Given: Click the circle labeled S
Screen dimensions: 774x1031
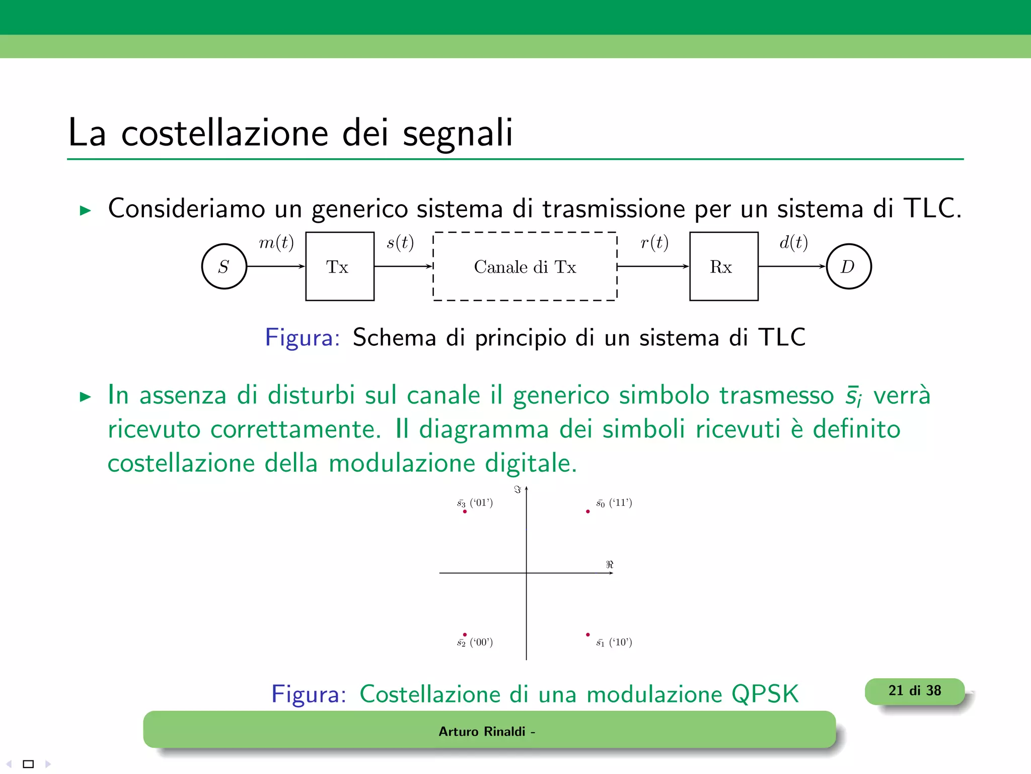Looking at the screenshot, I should pyautogui.click(x=224, y=266).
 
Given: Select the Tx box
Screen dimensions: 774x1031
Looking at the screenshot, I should pyautogui.click(x=340, y=266).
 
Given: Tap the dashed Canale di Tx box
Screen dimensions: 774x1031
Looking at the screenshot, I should pyautogui.click(x=525, y=266).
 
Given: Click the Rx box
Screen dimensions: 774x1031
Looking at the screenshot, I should pyautogui.click(x=723, y=266).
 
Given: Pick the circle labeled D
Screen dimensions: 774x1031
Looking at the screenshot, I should pyautogui.click(x=848, y=266).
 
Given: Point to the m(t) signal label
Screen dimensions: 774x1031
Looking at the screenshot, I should pyautogui.click(x=276, y=243).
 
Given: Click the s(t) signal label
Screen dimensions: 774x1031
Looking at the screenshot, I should pyautogui.click(x=400, y=243).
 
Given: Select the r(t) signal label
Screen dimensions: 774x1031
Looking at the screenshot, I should pyautogui.click(x=654, y=243).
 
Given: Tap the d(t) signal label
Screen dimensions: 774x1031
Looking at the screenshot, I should pyautogui.click(x=793, y=243).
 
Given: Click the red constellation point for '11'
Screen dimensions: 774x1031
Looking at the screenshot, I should pyautogui.click(x=587, y=511).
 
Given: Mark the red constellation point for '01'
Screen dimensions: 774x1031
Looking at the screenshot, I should pyautogui.click(x=465, y=511).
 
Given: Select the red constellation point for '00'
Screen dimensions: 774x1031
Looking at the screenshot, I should pyautogui.click(x=465, y=634).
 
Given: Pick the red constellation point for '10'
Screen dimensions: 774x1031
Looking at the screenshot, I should pyautogui.click(x=587, y=634).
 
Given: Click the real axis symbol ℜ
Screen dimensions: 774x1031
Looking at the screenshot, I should pyautogui.click(x=610, y=564).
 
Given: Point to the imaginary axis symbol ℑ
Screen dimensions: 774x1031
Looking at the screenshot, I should pyautogui.click(x=517, y=489).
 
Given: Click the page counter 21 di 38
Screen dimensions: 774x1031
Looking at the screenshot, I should pyautogui.click(x=914, y=691).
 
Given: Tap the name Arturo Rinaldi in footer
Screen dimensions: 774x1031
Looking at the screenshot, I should pyautogui.click(x=482, y=731).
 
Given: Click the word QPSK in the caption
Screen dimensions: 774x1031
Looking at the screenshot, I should pyautogui.click(x=765, y=694).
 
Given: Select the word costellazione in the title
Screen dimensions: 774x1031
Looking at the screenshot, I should pyautogui.click(x=225, y=133).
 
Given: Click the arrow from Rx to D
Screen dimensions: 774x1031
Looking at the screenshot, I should pyautogui.click(x=792, y=266).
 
